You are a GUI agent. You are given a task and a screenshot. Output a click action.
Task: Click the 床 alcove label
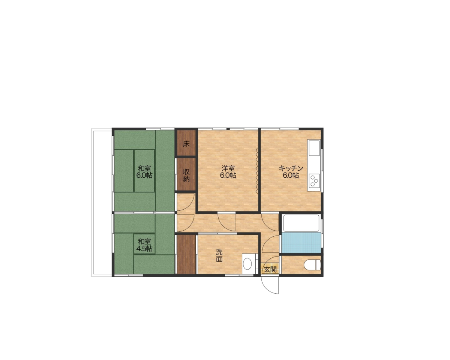pos(186,144)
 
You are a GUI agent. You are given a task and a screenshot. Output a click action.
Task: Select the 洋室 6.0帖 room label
pos(228,172)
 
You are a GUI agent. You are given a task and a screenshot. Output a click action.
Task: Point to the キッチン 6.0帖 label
pos(291,172)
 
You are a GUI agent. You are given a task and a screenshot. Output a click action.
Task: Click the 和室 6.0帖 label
pos(144,172)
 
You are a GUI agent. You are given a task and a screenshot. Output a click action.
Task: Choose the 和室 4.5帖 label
pos(144,245)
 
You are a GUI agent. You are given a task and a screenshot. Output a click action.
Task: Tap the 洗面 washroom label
pos(219,255)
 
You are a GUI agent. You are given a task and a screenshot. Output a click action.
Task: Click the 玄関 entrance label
pos(270,269)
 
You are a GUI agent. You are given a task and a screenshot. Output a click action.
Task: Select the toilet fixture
pos(312,265)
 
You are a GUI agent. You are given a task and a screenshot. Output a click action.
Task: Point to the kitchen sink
pos(314,148)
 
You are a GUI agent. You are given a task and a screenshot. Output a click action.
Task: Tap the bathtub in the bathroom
pos(301,223)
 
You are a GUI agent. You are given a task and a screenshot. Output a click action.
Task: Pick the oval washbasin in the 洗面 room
pos(247,264)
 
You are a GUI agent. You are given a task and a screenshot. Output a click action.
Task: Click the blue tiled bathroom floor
pos(301,243)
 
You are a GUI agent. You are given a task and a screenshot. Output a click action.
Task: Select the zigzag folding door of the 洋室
pos(256,171)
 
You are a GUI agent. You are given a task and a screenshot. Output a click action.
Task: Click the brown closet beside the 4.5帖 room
pos(186,254)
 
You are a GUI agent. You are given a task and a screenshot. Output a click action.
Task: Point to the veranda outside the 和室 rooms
pos(102,202)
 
